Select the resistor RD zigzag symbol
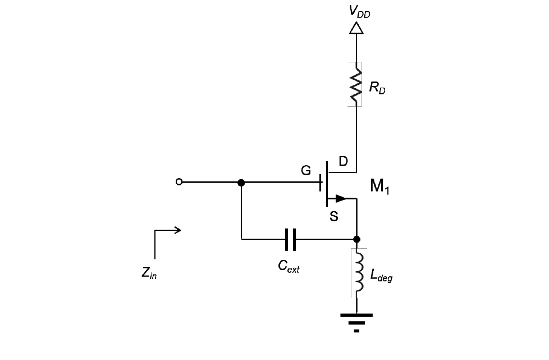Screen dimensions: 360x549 (x=356, y=84)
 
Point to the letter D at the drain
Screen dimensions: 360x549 (x=343, y=162)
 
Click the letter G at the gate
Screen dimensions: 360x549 (x=306, y=171)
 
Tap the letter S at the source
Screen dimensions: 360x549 (x=333, y=216)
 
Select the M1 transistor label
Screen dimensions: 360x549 (x=379, y=186)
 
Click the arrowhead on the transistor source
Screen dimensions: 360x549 (x=340, y=198)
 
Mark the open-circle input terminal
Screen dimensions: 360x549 (x=179, y=182)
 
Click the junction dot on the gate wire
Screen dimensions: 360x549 (x=241, y=183)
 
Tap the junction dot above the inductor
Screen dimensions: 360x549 (x=356, y=239)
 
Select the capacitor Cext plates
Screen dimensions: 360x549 (x=290, y=239)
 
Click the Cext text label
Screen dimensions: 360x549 (x=289, y=267)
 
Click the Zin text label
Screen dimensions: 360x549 (x=149, y=273)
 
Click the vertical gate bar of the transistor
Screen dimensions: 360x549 (x=327, y=183)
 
